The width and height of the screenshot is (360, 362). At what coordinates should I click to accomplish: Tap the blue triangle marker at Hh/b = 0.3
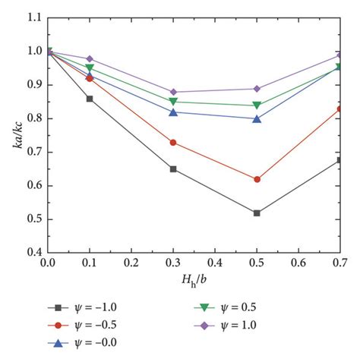174,112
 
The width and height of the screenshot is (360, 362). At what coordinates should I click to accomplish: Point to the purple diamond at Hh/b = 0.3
174,92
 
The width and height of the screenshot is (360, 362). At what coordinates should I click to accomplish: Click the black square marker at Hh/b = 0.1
90,99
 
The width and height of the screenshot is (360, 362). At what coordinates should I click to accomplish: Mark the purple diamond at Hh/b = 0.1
90,58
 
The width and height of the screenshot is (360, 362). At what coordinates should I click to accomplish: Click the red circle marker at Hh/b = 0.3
174,143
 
